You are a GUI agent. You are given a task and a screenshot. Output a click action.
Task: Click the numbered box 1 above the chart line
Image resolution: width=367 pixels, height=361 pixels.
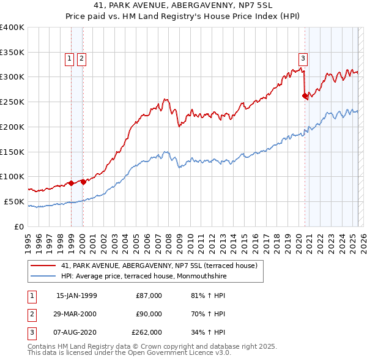pos(69,59)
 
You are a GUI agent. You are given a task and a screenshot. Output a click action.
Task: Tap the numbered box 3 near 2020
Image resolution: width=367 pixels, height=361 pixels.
pos(303,59)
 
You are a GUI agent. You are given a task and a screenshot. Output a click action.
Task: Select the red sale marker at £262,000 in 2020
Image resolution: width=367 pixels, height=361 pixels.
pos(305,95)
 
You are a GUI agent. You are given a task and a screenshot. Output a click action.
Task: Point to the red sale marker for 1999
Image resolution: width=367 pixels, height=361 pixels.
pos(71,182)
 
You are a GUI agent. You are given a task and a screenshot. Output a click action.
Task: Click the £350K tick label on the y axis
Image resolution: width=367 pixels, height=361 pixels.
pos(12,52)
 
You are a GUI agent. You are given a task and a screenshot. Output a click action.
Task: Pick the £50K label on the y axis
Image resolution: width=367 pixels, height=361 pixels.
pos(15,201)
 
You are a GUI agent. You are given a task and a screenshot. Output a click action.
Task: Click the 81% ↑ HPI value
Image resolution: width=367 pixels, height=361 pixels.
pos(208,296)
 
